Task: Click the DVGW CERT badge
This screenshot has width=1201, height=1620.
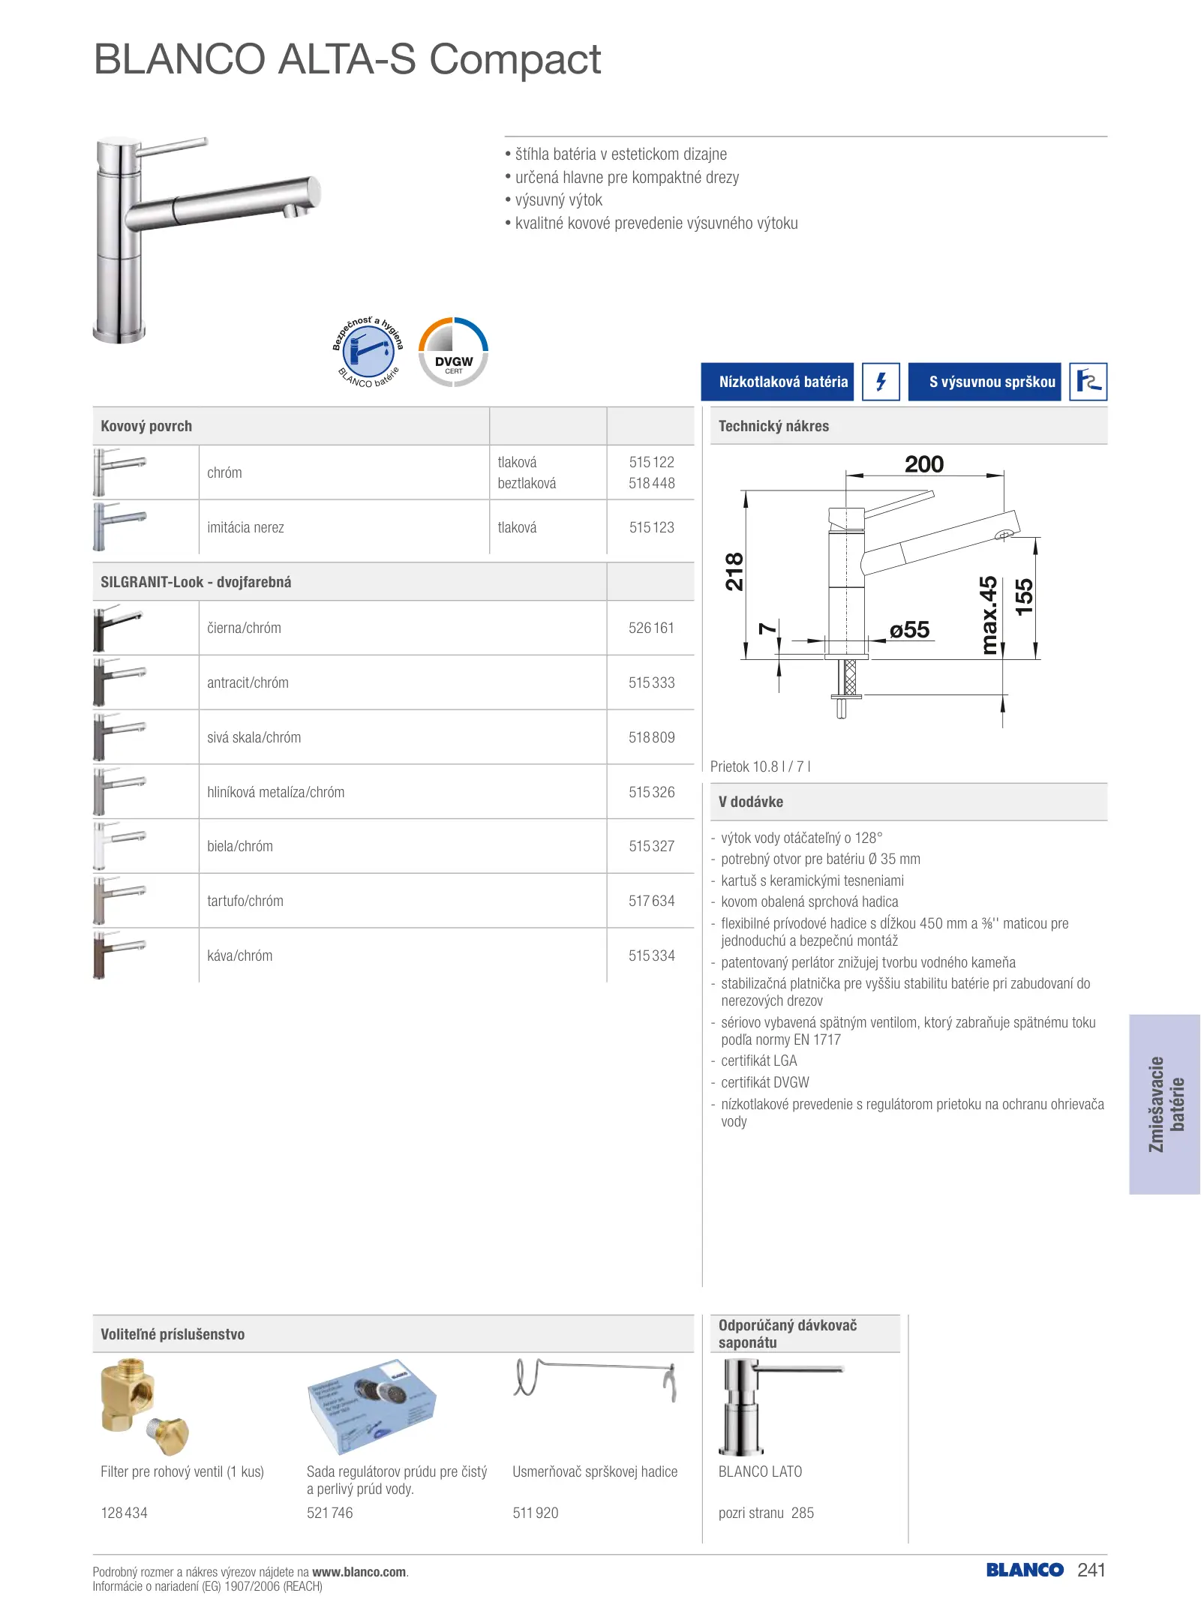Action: [453, 352]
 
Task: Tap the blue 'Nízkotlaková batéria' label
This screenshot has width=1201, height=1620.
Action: [777, 382]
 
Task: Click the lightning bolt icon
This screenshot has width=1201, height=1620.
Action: [881, 382]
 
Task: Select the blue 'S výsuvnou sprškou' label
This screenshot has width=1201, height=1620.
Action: [984, 382]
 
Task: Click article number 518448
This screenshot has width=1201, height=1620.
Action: [651, 484]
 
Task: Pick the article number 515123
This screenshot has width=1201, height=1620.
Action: [651, 528]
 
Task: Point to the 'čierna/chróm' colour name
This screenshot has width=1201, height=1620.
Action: [244, 628]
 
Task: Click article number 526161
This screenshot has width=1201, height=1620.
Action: [651, 628]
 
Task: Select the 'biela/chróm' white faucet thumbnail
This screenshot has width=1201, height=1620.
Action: [119, 846]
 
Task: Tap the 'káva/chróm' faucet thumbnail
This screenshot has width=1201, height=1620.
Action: [119, 955]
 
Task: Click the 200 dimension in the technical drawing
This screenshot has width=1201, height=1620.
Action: [923, 465]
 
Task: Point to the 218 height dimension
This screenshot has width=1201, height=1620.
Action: [734, 571]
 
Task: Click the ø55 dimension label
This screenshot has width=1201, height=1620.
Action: [909, 630]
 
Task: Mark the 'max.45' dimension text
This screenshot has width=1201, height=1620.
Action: [989, 615]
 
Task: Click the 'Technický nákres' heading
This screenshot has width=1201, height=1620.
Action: [773, 426]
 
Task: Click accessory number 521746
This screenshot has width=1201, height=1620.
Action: [329, 1513]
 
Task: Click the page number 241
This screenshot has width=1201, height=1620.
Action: [1091, 1570]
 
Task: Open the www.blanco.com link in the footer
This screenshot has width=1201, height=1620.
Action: [359, 1572]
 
